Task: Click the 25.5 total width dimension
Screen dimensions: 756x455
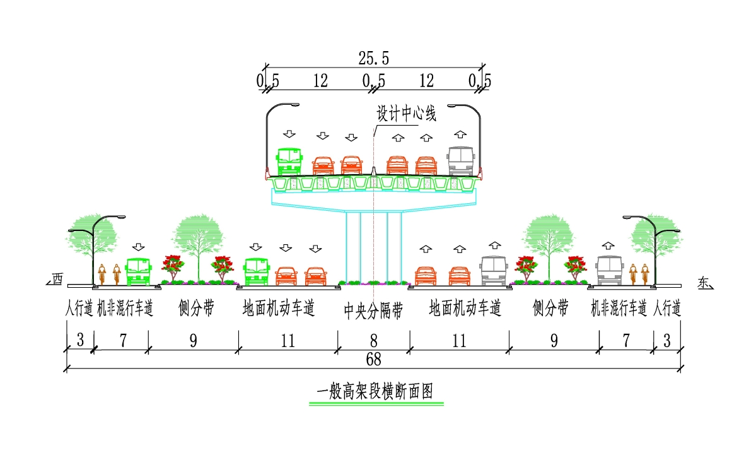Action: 374,59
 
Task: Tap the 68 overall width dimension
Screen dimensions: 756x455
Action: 374,360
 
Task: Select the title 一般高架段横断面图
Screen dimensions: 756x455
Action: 375,391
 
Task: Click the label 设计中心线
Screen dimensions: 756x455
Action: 407,114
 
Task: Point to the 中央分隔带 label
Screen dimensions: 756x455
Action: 374,310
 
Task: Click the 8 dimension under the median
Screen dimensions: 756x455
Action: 374,341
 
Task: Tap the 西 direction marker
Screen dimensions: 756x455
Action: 57,279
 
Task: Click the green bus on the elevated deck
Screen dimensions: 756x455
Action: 289,162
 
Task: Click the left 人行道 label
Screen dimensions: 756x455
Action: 79,309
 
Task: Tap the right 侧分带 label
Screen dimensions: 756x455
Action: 550,308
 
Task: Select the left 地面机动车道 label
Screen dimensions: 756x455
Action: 279,308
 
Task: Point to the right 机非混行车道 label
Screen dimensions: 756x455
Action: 619,309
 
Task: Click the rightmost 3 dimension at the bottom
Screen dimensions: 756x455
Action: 667,341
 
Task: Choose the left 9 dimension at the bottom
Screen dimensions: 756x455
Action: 194,341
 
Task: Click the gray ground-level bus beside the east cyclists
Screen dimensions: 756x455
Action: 610,271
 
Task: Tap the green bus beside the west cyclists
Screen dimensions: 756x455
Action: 138,271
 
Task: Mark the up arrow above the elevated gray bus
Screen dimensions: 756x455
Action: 460,134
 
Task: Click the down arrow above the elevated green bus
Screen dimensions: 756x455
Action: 289,134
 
